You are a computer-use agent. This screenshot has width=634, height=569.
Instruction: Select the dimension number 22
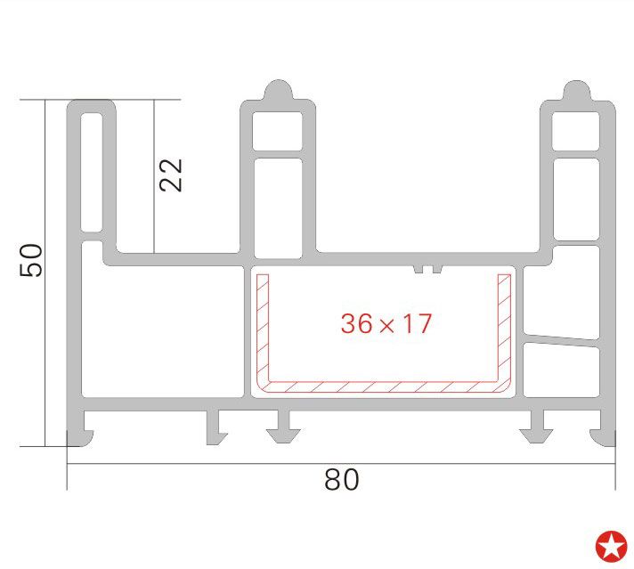(171, 175)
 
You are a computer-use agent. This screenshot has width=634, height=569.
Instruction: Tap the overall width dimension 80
(341, 480)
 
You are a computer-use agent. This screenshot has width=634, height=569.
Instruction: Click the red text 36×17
(386, 323)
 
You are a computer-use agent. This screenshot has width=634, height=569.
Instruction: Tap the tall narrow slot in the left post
(92, 167)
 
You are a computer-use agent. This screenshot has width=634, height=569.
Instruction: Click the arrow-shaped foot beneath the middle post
(286, 429)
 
